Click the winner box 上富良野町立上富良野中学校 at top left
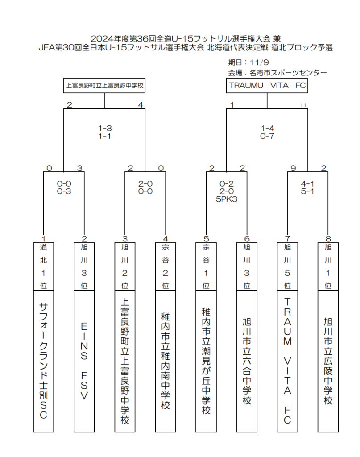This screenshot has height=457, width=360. point(104,86)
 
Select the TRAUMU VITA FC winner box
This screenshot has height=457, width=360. point(267,86)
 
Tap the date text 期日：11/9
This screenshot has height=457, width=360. point(248,62)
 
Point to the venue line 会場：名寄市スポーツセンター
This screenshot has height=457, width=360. point(277,73)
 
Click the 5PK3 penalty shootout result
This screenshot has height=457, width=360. point(227,199)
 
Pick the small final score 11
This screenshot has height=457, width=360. point(303,105)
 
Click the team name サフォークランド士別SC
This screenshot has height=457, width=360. point(43,361)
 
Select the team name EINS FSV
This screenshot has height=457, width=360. point(84,361)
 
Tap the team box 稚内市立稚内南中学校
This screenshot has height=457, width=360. point(166,361)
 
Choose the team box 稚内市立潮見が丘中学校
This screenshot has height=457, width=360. point(206,361)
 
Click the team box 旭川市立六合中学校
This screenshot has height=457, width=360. point(247,361)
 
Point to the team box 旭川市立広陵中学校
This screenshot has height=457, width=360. point(328,361)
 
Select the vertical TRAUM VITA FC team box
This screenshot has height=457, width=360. point(287,361)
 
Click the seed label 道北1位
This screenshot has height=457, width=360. point(43,266)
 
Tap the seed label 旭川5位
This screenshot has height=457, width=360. point(287,266)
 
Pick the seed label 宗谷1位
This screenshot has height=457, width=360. point(206,266)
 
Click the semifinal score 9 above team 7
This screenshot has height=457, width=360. point(293,168)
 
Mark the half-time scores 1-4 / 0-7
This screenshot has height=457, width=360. point(267,132)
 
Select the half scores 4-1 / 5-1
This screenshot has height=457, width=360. point(307,187)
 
